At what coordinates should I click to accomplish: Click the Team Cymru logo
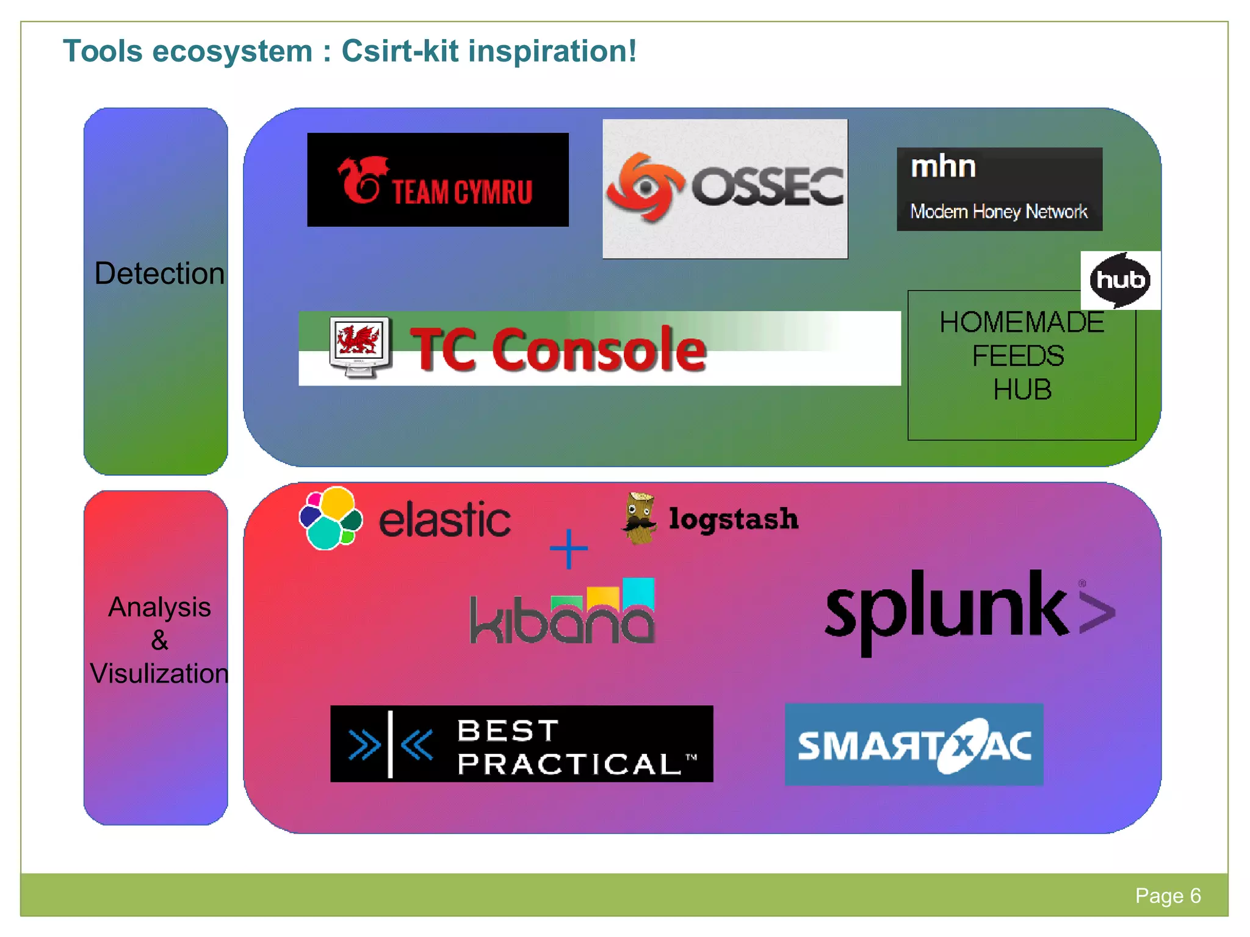(x=438, y=180)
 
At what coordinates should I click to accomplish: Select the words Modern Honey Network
(x=999, y=212)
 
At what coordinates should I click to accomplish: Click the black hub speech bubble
(x=1119, y=280)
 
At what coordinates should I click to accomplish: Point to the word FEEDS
(x=1018, y=356)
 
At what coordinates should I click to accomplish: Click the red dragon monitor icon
(x=359, y=346)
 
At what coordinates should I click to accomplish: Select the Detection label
(x=159, y=273)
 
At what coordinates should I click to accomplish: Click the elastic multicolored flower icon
(x=331, y=519)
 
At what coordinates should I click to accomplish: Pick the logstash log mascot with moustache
(x=639, y=519)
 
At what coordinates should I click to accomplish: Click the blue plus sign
(x=568, y=548)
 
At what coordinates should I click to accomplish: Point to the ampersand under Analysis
(x=159, y=641)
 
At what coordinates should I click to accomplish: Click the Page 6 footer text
(x=1168, y=896)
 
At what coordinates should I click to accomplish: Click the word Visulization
(x=159, y=673)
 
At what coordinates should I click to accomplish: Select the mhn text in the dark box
(x=943, y=167)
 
